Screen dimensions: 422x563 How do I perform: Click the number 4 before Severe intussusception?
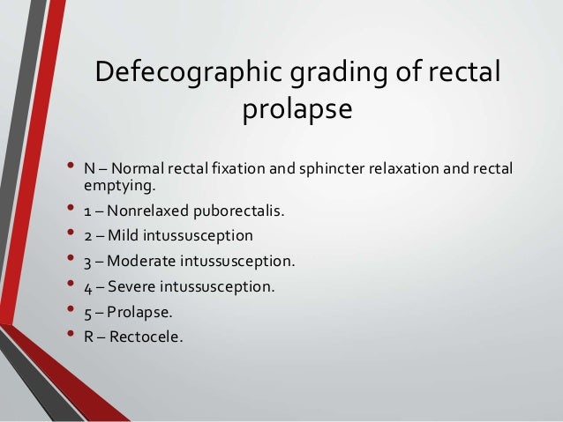pyautogui.click(x=88, y=286)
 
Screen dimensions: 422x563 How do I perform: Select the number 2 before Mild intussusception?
pyautogui.click(x=88, y=236)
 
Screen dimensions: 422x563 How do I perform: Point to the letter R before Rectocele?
pyautogui.click(x=88, y=336)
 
